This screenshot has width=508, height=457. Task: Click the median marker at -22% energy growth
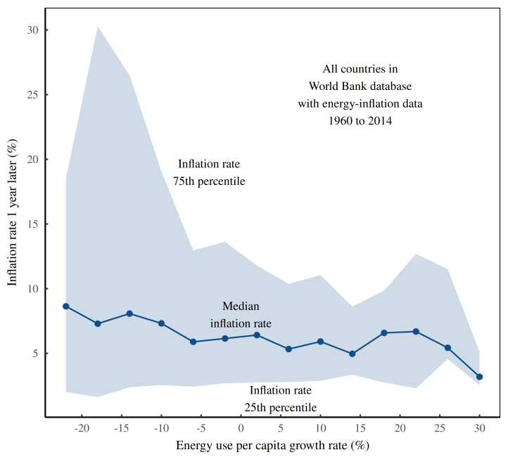[65, 307]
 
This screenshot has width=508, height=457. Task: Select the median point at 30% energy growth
[480, 377]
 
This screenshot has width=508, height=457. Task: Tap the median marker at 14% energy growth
[353, 354]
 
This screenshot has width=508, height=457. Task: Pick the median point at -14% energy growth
[129, 314]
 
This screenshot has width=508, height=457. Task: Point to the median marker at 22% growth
[416, 331]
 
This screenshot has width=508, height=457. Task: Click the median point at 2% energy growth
[257, 335]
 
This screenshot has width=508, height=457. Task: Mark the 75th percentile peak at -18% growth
[98, 27]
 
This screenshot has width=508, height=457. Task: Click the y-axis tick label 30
[33, 30]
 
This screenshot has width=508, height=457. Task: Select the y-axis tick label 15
[33, 224]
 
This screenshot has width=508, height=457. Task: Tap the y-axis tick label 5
[36, 354]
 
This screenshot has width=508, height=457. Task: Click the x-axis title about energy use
[272, 446]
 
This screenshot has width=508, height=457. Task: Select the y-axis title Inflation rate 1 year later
[13, 211]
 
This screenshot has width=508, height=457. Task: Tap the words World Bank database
[360, 86]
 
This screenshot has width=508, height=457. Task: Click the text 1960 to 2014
[360, 121]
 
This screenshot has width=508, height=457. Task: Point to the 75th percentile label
[209, 172]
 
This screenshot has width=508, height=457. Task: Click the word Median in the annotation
[241, 307]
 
